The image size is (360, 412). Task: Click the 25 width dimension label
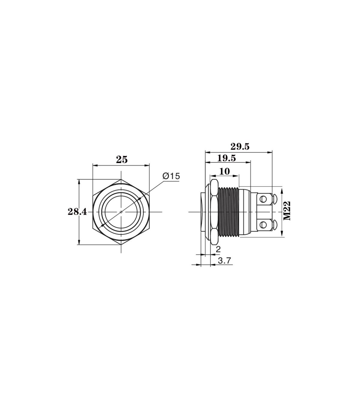pyautogui.click(x=122, y=160)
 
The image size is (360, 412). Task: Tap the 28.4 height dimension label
pyautogui.click(x=77, y=212)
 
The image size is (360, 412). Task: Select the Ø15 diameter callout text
pyautogui.click(x=171, y=176)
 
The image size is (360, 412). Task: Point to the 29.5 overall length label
pyautogui.click(x=240, y=147)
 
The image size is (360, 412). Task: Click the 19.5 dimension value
pyautogui.click(x=226, y=158)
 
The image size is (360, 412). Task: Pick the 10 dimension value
pyautogui.click(x=224, y=171)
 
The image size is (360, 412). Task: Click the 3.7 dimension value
pyautogui.click(x=224, y=261)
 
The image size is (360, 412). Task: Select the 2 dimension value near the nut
pyautogui.click(x=218, y=249)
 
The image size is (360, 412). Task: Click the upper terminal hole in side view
pyautogui.click(x=263, y=199)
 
